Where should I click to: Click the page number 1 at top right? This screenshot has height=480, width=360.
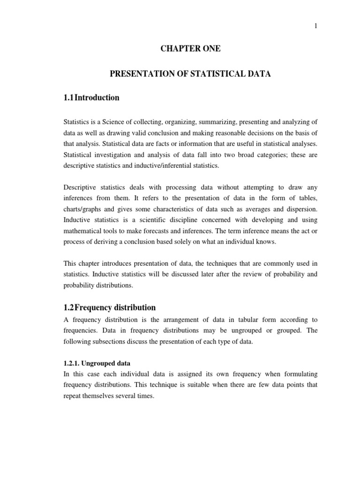coord(316,26)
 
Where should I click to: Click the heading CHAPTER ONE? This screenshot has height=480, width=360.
coord(190,49)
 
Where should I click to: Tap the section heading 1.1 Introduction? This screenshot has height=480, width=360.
coord(92,98)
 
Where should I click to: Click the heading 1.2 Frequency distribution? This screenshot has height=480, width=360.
coord(110,307)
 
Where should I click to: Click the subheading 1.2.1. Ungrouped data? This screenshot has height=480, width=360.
coord(97,363)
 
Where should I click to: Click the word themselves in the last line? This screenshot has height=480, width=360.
coord(102,396)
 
